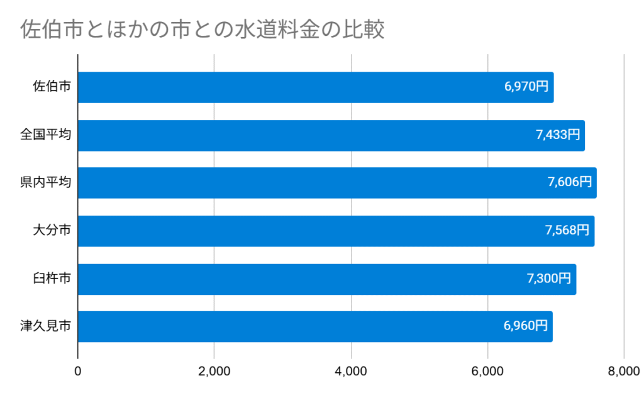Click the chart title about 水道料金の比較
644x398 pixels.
[202, 30]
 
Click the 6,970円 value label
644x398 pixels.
[526, 87]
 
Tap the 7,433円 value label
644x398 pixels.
[558, 135]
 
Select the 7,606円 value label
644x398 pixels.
[570, 183]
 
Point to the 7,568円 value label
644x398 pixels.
[567, 231]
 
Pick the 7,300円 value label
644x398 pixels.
[549, 279]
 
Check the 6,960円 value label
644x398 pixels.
[525, 326]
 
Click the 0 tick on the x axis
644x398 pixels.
[78, 372]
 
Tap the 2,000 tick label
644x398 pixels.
[214, 372]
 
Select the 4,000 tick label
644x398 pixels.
[351, 372]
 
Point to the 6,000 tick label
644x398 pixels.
[487, 372]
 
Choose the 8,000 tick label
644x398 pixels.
[623, 372]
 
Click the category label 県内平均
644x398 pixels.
[45, 183]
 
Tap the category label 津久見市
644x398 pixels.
[45, 326]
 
